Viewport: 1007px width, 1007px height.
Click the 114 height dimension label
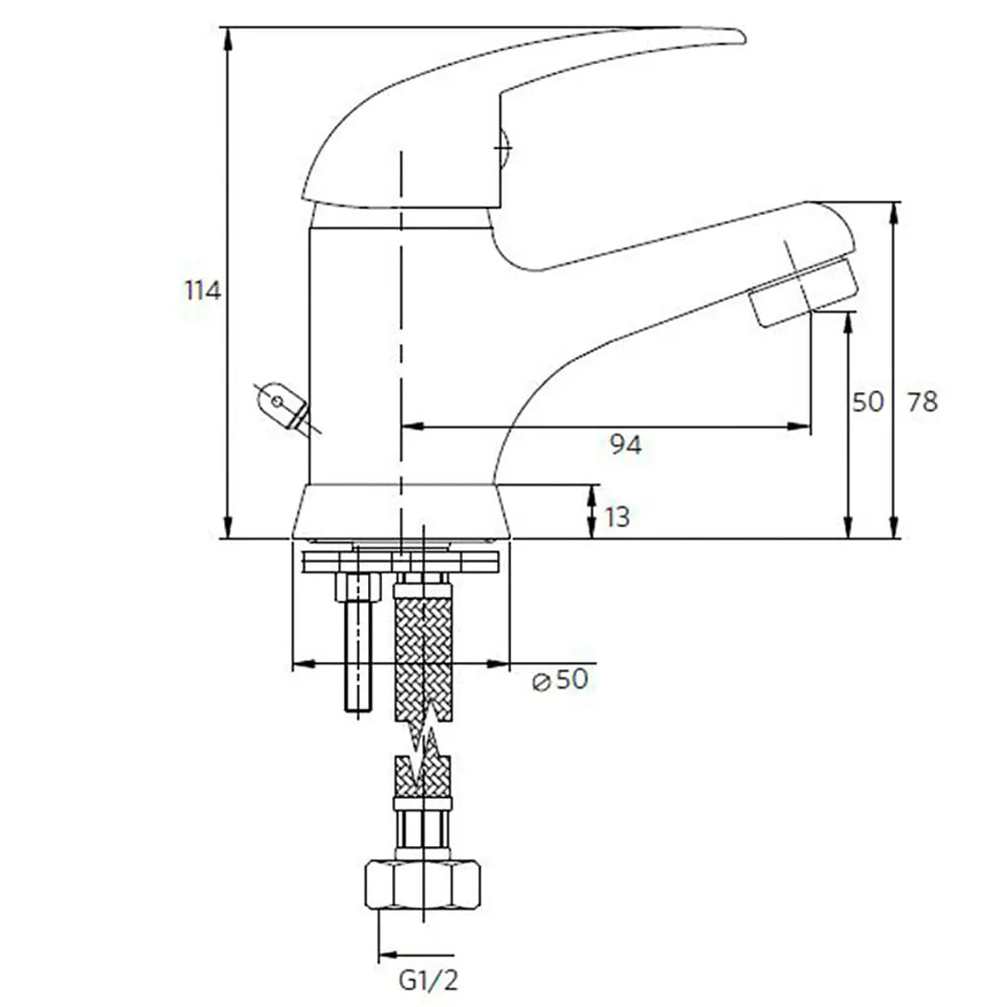click(x=203, y=291)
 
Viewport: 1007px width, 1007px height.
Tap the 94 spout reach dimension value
click(x=626, y=444)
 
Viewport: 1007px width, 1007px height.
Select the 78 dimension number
click(x=923, y=402)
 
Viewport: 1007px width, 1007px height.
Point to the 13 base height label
click(x=617, y=517)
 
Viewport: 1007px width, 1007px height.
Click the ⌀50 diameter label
click(x=561, y=679)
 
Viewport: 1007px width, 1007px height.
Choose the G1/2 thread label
click(x=428, y=980)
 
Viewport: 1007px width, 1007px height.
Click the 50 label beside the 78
click(x=867, y=402)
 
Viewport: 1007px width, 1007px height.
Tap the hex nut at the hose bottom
click(x=423, y=885)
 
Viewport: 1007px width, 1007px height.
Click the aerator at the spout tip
click(x=803, y=291)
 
